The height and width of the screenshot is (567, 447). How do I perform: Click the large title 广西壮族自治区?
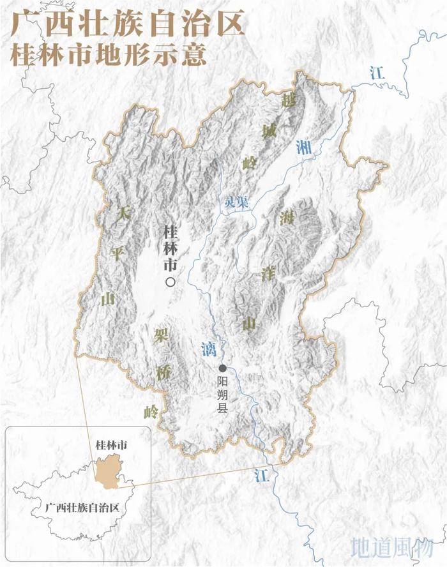pos(128,26)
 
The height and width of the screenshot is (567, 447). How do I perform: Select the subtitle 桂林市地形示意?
pos(109,55)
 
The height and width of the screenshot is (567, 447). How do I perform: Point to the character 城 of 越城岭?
pos(269,132)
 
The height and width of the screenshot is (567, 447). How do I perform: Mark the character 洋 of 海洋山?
pos(268,274)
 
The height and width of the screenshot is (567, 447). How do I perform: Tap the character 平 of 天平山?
pos(116,254)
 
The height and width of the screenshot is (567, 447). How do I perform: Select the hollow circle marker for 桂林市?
pos(170,282)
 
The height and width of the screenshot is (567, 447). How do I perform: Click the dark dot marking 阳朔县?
pos(223,368)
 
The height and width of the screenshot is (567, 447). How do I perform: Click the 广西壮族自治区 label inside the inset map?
pos(82,508)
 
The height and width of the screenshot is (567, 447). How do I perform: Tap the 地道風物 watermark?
pos(391,547)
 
